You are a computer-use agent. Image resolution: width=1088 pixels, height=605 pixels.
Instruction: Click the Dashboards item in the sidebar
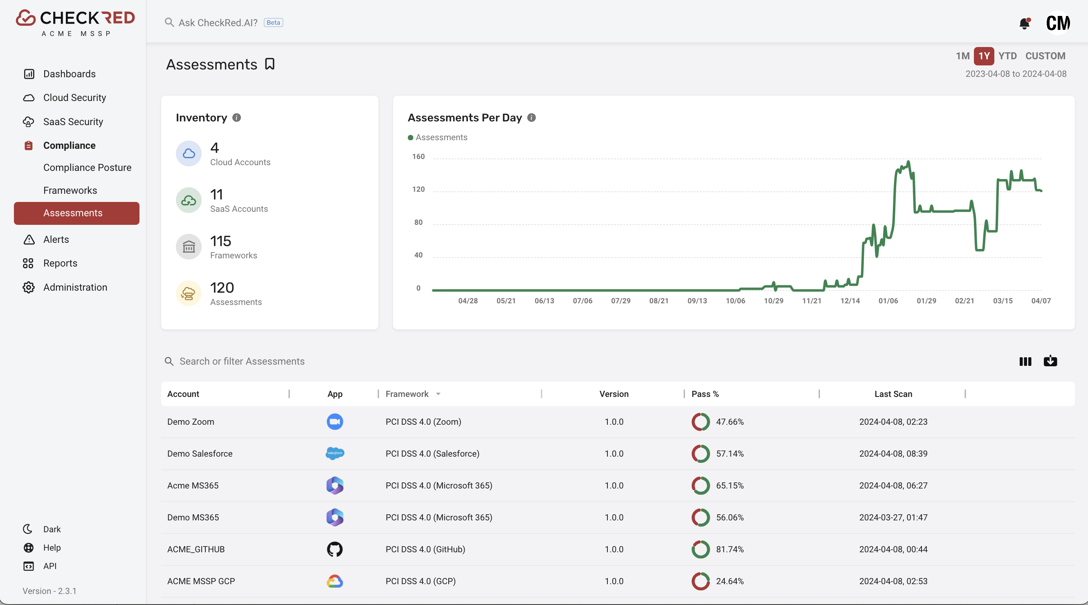[x=69, y=74]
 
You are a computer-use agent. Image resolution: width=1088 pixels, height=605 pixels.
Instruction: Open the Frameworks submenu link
[x=70, y=190]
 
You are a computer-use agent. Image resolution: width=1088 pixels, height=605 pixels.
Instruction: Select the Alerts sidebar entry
[x=56, y=240]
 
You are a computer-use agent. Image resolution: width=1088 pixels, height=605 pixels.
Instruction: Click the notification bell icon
[x=1024, y=23]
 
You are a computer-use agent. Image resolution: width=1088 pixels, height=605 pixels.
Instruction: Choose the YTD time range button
[x=1007, y=56]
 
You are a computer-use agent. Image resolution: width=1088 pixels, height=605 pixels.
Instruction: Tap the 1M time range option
[x=962, y=56]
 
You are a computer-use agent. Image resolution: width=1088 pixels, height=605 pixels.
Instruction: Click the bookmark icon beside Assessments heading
[x=270, y=64]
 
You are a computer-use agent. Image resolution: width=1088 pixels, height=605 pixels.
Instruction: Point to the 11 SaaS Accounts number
[x=217, y=194]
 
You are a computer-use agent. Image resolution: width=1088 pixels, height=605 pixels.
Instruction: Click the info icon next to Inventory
[x=236, y=118]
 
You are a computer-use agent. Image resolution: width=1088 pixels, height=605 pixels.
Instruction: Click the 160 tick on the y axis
[x=418, y=157]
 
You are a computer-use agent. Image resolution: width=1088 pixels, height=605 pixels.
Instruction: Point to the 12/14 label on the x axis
[x=850, y=300]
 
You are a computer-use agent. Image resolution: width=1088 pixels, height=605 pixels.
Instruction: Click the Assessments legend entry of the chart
[x=438, y=137]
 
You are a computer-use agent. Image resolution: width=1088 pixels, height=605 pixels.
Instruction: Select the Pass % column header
[x=705, y=394]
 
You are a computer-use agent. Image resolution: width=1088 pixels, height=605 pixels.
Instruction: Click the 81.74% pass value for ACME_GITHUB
[x=729, y=549]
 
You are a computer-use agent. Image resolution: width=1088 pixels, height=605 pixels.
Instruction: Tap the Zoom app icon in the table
[x=335, y=422]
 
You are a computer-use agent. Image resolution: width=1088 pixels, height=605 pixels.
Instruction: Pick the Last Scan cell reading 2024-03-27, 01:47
[x=893, y=517]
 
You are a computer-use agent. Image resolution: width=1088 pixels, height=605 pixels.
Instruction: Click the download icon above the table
[x=1050, y=361]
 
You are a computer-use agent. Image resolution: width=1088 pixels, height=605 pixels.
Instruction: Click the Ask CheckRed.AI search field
[x=218, y=23]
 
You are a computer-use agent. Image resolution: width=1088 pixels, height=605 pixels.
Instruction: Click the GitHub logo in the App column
[x=335, y=549]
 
